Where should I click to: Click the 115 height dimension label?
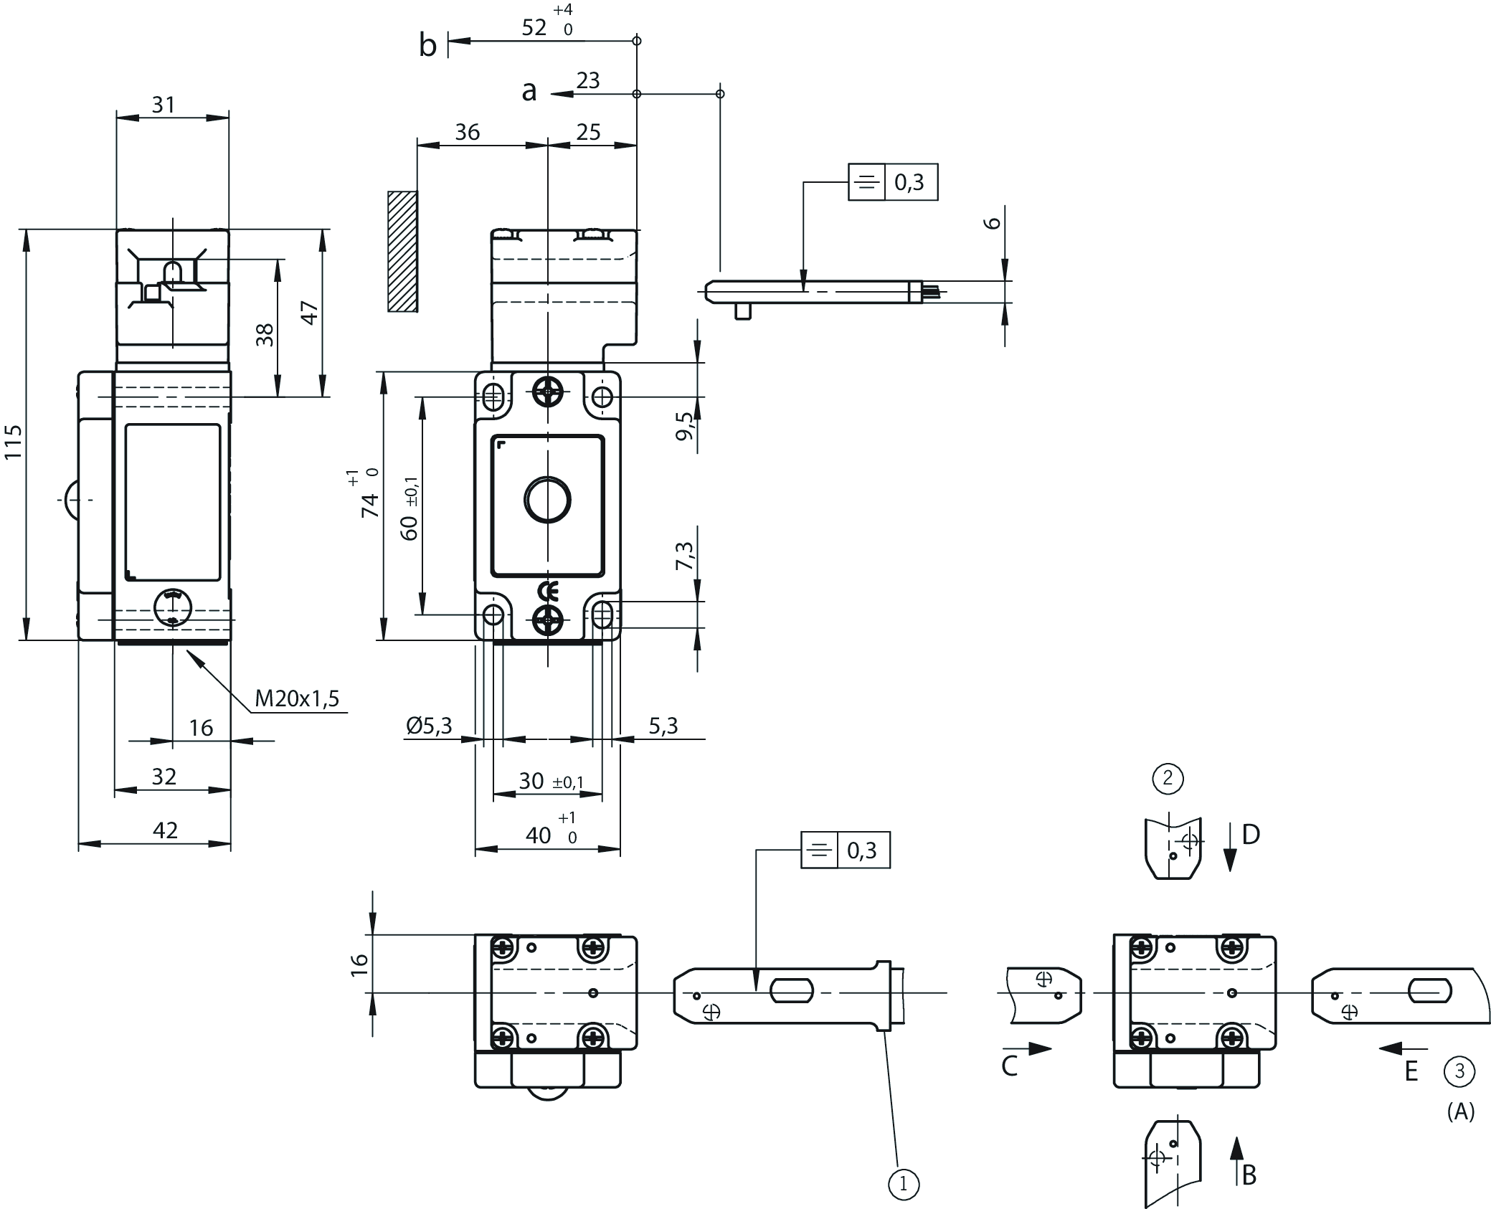coord(13,442)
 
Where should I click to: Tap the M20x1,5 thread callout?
coord(296,698)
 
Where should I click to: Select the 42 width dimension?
coord(165,830)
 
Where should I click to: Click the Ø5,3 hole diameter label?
coord(429,726)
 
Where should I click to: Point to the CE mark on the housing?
coord(548,592)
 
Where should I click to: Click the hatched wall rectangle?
coord(402,251)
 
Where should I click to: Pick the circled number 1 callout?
coord(903,1184)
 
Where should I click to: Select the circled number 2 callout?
coord(1168,778)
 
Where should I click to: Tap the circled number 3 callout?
coord(1459,1072)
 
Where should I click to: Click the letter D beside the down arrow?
coord(1251,835)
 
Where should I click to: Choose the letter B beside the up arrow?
coord(1249,1175)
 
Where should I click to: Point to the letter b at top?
coord(427,46)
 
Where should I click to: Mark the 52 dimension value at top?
coord(534,27)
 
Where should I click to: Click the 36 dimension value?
coord(467,132)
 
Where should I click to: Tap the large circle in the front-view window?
coord(547,500)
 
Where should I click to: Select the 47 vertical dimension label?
coord(309,313)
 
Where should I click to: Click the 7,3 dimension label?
coord(685,556)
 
